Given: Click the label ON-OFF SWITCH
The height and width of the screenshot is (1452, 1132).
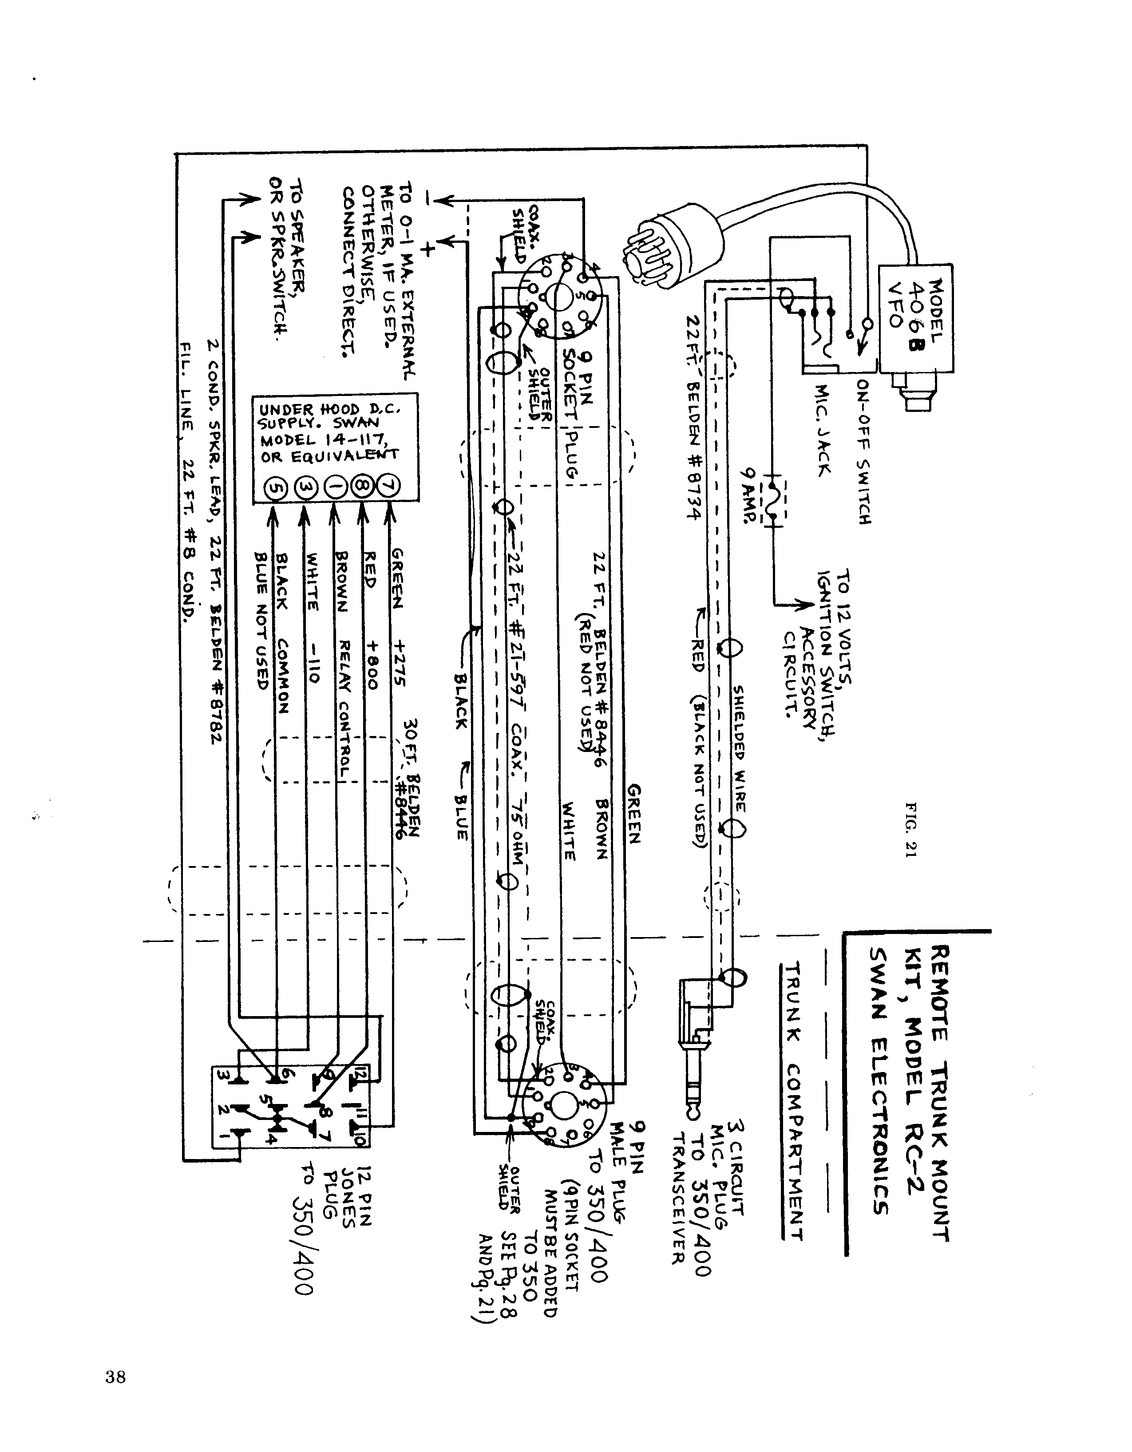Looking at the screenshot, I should click(x=863, y=452).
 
